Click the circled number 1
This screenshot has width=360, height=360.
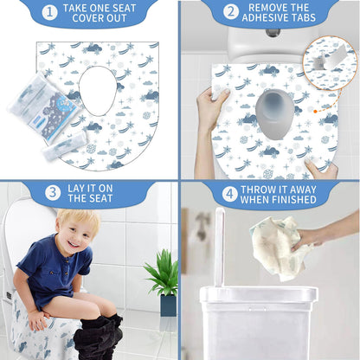[49, 12]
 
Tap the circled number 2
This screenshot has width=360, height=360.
[231, 12]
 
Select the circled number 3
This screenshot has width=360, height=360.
[53, 193]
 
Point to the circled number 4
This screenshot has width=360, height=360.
[230, 194]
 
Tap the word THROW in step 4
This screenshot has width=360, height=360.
[257, 190]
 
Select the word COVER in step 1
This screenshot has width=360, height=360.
[84, 18]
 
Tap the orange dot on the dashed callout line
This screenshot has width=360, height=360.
[315, 111]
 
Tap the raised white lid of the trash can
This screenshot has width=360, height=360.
[219, 247]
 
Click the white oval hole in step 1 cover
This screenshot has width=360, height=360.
[98, 91]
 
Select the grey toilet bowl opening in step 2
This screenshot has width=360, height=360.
[274, 113]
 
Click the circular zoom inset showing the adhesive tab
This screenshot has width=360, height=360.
[330, 63]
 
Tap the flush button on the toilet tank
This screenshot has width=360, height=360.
[271, 32]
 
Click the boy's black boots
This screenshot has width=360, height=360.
[100, 337]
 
